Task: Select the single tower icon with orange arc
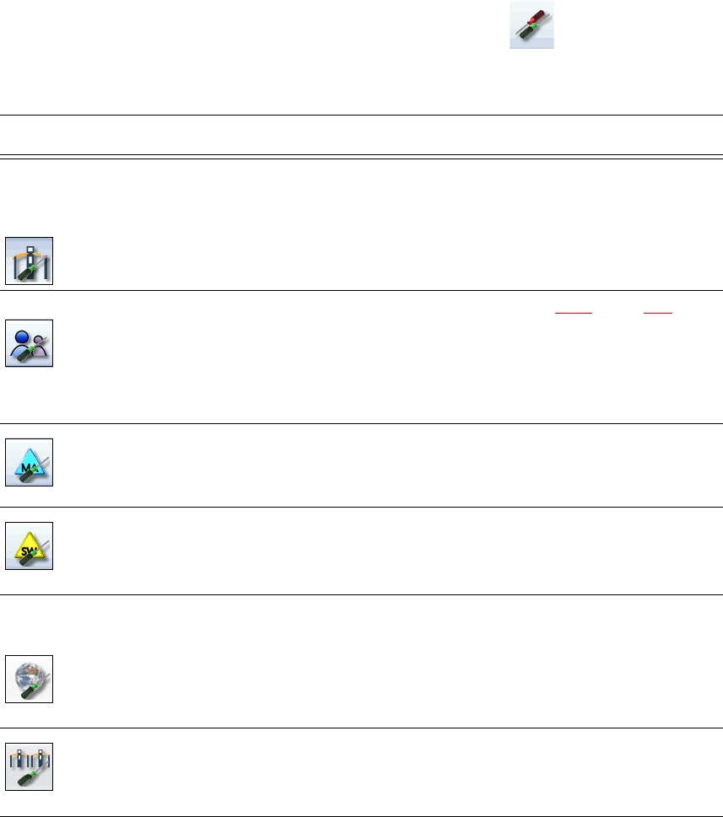[x=30, y=261]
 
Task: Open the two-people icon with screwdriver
[x=30, y=343]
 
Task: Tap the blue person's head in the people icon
[x=24, y=333]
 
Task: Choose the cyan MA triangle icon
[x=30, y=462]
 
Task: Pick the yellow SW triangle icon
[x=30, y=546]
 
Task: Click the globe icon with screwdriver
[x=30, y=679]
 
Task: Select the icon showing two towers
[x=30, y=766]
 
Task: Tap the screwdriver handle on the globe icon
[x=24, y=691]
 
